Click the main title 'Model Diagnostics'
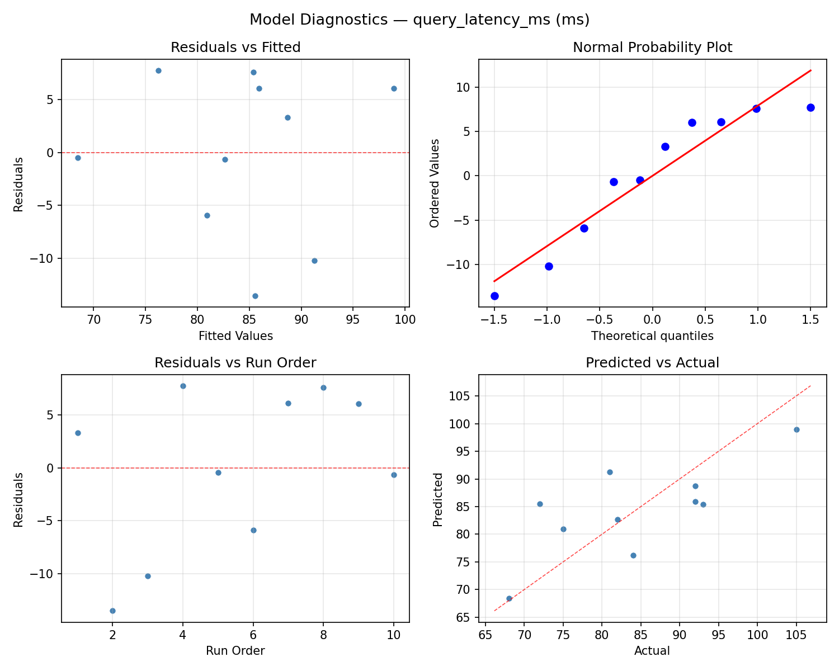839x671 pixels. coord(419,20)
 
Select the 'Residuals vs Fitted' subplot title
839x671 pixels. coord(235,48)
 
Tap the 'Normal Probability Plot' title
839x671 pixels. coord(652,48)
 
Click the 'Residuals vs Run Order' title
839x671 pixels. coord(235,363)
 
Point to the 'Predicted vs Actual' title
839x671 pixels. coord(652,363)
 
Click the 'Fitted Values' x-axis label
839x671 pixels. coord(235,336)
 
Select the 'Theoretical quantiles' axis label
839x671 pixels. coord(652,336)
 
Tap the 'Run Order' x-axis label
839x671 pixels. coord(235,651)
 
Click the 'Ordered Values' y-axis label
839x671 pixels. coord(435,183)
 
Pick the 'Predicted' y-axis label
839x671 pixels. coord(438,499)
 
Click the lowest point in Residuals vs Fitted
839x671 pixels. coord(255,296)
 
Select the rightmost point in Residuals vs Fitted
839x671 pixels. coord(394,88)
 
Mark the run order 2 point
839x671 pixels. coord(112,611)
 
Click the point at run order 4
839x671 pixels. coord(183,386)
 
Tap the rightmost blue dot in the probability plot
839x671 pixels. coord(810,107)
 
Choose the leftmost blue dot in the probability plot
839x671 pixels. coord(494,296)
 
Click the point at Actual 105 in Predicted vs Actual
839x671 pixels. coord(796,429)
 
